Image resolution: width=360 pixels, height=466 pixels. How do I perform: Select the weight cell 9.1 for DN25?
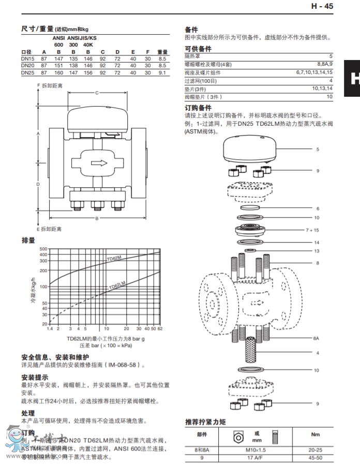162,73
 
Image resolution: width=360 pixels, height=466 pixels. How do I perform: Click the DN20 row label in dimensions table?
28,66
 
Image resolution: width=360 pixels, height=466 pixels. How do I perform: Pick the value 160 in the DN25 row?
59,73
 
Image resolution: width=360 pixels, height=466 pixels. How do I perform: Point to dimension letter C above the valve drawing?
97,93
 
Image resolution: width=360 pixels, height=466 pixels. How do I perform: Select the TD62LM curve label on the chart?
118,286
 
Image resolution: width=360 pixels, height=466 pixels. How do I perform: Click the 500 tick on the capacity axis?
43,249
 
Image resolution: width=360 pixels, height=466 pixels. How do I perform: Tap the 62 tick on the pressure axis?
160,328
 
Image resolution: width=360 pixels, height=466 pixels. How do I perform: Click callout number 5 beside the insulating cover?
318,149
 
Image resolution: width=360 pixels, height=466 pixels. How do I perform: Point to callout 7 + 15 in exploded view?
312,230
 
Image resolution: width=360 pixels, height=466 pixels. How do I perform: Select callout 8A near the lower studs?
316,338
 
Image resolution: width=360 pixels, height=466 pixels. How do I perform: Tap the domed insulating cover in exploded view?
252,147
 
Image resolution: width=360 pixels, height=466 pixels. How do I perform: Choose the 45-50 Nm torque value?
315,457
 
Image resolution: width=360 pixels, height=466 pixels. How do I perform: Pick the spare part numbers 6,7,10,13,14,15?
314,72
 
